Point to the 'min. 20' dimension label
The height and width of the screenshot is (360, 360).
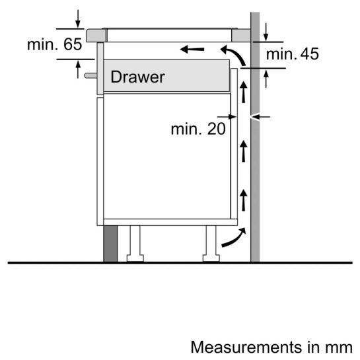click(x=198, y=129)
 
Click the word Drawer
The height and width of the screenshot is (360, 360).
click(x=137, y=77)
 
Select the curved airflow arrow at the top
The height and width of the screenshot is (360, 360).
click(x=231, y=54)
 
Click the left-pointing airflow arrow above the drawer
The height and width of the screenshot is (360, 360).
click(x=192, y=49)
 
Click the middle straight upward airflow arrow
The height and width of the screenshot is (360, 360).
click(x=243, y=152)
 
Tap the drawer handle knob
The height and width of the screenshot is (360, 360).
click(x=88, y=75)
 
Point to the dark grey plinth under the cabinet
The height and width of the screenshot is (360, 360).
click(x=110, y=243)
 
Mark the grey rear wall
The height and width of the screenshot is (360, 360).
click(x=255, y=165)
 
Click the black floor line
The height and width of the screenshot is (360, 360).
click(x=178, y=263)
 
